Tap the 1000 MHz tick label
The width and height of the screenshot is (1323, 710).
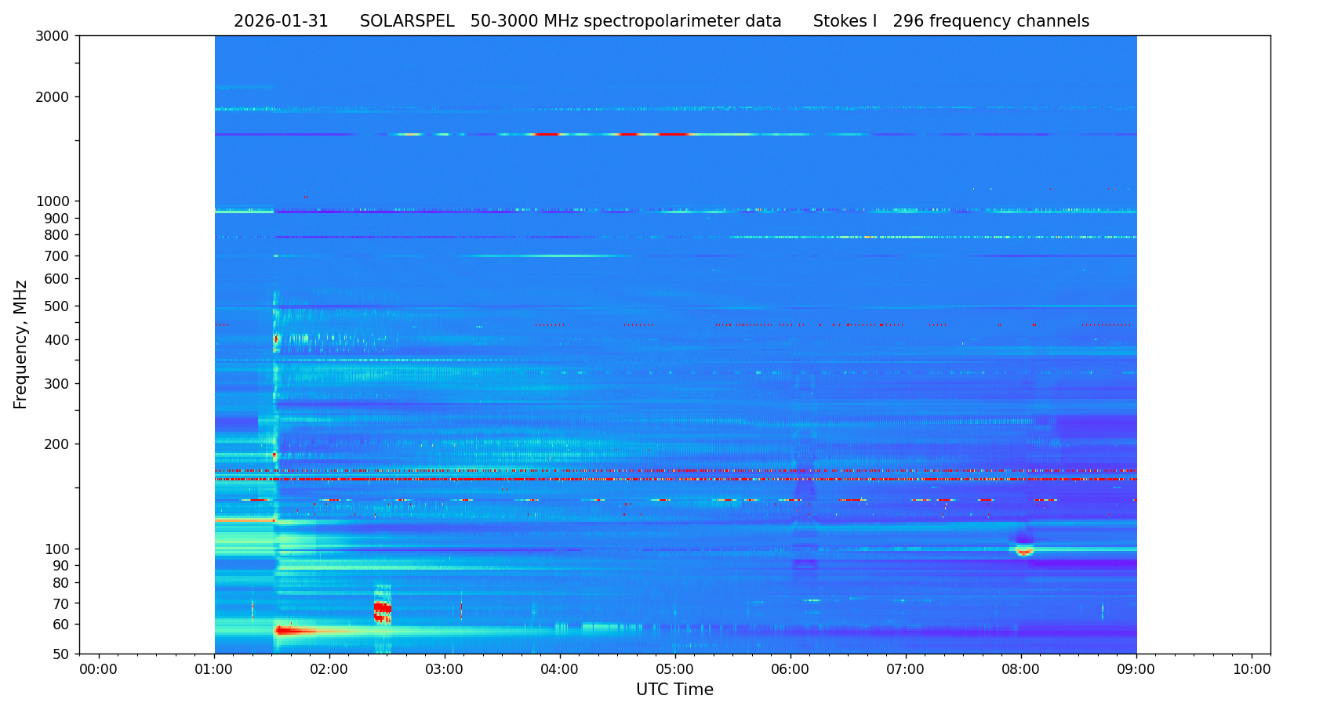pos(53,201)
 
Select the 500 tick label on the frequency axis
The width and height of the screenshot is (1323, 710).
pos(56,306)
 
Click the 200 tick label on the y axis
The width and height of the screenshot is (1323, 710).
pos(56,444)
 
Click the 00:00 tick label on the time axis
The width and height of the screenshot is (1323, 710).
pos(98,669)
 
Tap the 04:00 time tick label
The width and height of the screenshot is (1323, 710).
pos(559,669)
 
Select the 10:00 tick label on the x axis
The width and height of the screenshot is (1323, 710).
pos(1252,669)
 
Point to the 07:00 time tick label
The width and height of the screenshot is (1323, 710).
pos(905,669)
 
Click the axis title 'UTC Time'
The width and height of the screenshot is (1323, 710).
pos(674,690)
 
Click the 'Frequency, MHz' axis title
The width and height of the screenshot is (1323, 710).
pos(20,344)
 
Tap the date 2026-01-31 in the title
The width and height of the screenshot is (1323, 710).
pos(281,22)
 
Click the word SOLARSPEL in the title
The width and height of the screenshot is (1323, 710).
pos(407,22)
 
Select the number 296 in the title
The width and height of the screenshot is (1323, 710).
pos(908,22)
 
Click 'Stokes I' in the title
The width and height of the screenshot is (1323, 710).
pos(845,22)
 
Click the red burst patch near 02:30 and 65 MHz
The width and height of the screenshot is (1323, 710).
pos(382,610)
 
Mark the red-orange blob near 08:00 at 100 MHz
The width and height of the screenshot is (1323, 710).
pos(1024,551)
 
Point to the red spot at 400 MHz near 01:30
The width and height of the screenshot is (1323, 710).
pos(275,339)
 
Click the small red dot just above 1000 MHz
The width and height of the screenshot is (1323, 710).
pos(305,197)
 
